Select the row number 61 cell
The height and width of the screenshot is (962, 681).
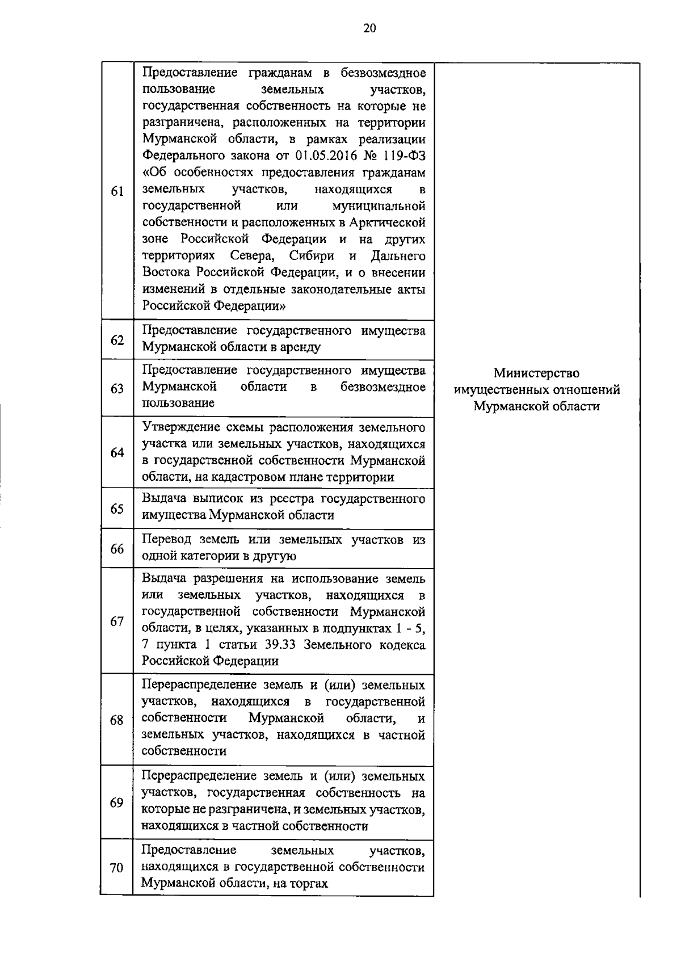[x=117, y=191]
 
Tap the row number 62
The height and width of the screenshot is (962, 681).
[x=117, y=340]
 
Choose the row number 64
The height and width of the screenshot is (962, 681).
[x=117, y=453]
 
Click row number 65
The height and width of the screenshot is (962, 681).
[x=117, y=509]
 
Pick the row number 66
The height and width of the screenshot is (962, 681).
[x=117, y=549]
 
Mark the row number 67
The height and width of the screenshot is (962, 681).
[x=117, y=621]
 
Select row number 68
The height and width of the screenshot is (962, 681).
[x=117, y=720]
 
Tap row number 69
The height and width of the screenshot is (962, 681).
[x=117, y=803]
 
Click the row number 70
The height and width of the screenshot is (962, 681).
[x=117, y=868]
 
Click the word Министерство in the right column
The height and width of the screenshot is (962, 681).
[x=536, y=373]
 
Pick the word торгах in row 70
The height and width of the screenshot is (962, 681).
[x=309, y=884]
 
